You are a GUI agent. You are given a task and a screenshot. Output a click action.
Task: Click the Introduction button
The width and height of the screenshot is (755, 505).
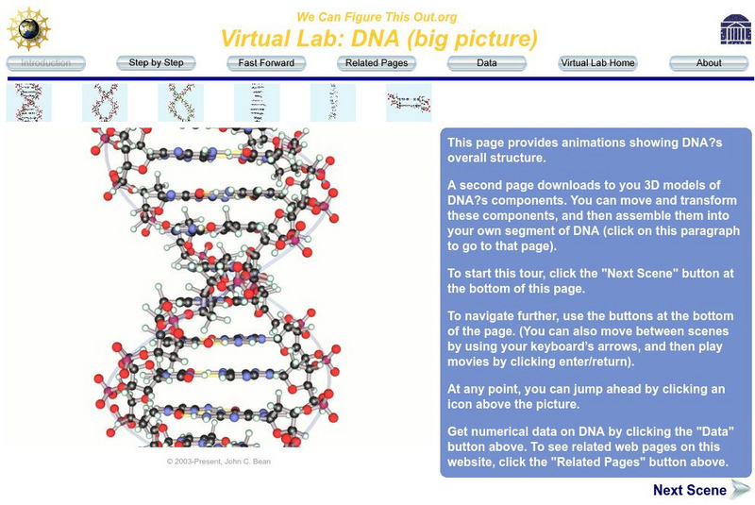coord(45,63)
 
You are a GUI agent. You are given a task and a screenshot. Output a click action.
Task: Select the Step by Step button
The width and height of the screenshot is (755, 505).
coord(156,63)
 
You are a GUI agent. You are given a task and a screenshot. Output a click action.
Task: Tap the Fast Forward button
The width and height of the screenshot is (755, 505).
coord(266,63)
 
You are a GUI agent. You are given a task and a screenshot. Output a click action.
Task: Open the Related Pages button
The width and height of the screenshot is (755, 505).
coord(377,63)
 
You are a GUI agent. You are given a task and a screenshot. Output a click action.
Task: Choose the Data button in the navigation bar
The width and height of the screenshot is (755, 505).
coord(487,63)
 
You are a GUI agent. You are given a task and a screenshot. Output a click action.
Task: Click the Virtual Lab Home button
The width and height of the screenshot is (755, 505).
coord(597,63)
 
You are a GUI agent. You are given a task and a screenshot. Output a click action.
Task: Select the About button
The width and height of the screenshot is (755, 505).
coord(709,63)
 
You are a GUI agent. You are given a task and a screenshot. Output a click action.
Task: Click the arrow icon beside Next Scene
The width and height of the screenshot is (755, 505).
coord(741,490)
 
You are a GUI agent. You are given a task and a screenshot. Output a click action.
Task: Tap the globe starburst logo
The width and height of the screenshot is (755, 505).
coord(29,29)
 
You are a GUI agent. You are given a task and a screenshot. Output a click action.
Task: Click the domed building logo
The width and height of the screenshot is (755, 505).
coord(735,29)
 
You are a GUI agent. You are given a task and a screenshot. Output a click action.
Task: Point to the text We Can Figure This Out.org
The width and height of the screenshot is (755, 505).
coord(377,17)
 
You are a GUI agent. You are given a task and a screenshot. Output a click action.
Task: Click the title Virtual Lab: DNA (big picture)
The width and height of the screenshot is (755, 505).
coord(379,39)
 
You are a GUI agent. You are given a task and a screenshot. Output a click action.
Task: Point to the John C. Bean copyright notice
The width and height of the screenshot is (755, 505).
coord(219,462)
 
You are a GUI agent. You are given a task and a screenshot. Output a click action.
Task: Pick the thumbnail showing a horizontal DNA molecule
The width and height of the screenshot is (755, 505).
coord(409,103)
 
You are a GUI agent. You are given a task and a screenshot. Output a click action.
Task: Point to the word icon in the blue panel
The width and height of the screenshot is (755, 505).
coord(460,404)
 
